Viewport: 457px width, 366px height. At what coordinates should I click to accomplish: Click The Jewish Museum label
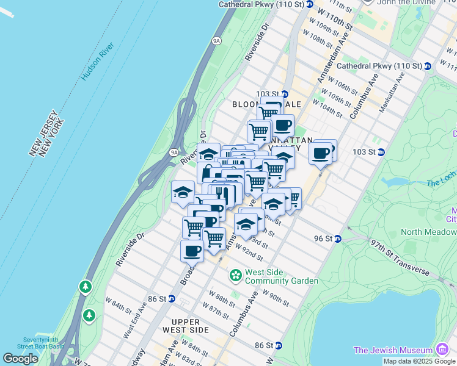[x=393, y=350]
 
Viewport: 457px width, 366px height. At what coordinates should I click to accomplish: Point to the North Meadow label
[x=428, y=232]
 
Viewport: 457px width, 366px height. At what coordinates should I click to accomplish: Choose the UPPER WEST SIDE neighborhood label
[x=181, y=326]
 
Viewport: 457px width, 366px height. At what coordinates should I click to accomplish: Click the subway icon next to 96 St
[x=337, y=239]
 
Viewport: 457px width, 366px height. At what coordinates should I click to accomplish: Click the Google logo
[x=21, y=359]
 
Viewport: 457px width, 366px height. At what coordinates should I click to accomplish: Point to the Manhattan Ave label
[x=392, y=91]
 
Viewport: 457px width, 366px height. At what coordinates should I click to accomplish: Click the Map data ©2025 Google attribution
[x=420, y=361]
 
